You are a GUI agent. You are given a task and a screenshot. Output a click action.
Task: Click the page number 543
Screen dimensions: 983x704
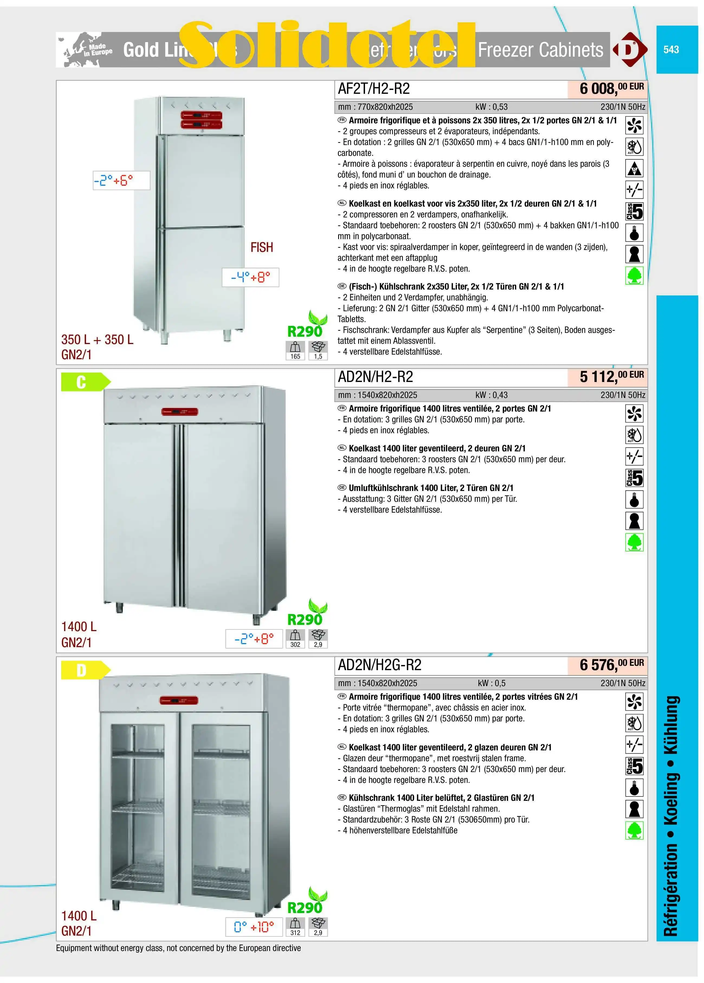(x=671, y=49)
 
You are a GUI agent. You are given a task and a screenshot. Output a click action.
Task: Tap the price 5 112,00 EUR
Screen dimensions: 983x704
(x=611, y=376)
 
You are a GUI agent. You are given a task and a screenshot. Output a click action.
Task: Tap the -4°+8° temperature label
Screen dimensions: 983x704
(x=250, y=277)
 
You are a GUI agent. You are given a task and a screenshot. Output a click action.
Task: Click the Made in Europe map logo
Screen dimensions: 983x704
(x=85, y=50)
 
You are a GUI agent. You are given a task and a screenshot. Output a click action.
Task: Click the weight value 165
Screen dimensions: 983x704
(x=295, y=356)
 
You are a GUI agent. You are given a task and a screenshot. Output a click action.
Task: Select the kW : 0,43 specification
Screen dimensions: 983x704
(x=491, y=395)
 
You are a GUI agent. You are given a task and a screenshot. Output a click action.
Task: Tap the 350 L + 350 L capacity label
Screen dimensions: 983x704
(x=97, y=339)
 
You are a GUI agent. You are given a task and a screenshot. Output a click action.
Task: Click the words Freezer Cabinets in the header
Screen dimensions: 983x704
(x=540, y=50)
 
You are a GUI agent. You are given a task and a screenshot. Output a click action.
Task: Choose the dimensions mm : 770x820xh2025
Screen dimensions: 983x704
(x=375, y=107)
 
